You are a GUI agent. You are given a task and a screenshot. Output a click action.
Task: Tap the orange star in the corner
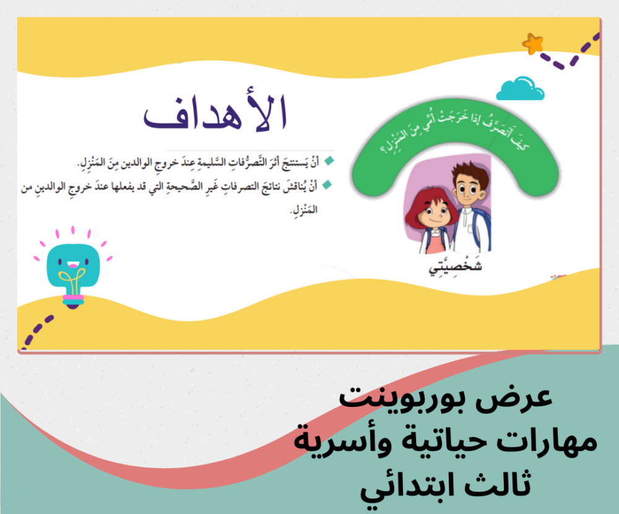(533, 44)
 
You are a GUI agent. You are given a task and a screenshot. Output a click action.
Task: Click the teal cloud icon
(521, 89)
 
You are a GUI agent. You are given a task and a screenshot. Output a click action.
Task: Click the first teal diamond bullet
(329, 161)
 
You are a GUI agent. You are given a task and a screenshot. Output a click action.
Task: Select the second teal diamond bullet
(327, 185)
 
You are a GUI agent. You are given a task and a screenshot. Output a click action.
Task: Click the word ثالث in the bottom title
(498, 484)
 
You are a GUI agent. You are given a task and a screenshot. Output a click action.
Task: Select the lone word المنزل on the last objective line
(303, 210)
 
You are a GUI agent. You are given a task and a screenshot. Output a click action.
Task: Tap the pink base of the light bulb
(73, 297)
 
